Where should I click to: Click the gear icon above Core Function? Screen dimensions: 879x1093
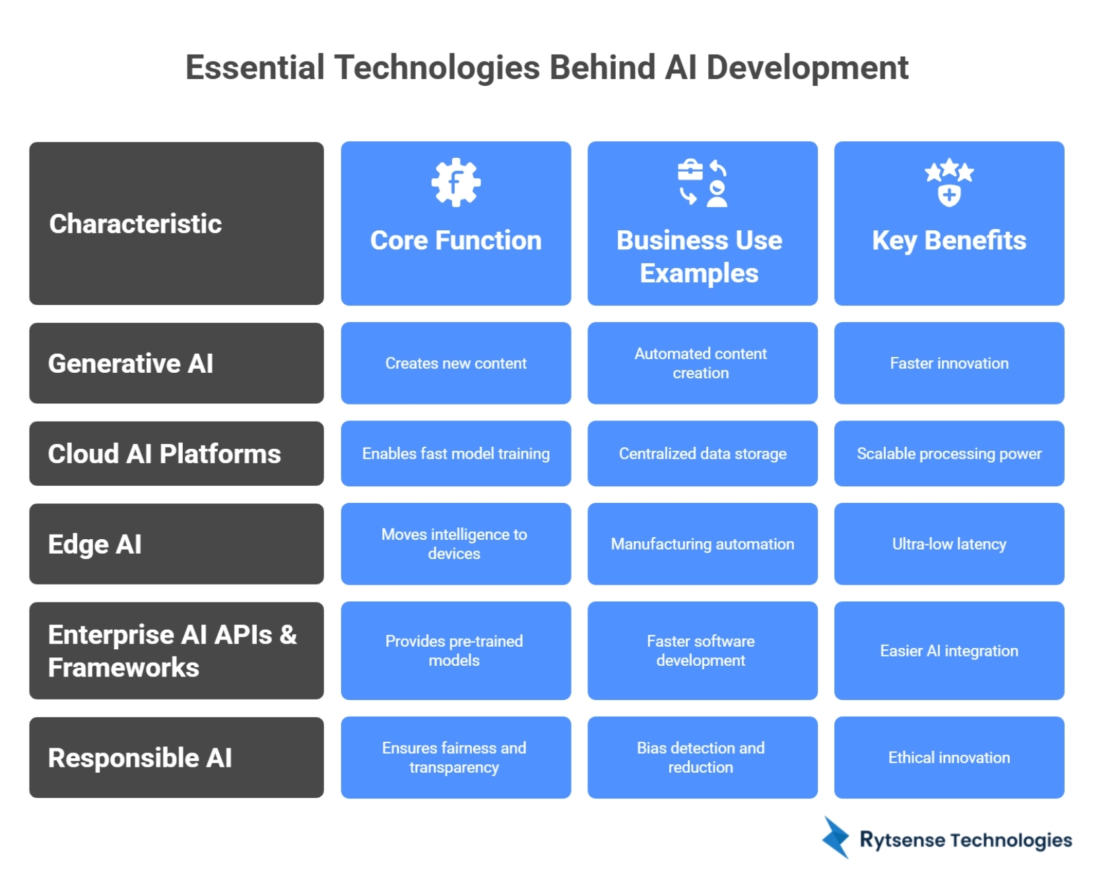(455, 183)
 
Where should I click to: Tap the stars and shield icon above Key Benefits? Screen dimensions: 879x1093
(948, 182)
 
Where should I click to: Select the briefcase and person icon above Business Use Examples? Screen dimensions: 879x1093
(702, 183)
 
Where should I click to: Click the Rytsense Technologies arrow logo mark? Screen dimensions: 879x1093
(836, 837)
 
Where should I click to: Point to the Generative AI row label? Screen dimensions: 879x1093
(131, 364)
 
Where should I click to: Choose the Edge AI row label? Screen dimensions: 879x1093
(95, 544)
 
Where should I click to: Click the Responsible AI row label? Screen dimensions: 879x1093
(140, 758)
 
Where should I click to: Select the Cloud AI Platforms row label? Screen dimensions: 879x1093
(164, 454)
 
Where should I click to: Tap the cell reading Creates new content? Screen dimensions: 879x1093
(455, 364)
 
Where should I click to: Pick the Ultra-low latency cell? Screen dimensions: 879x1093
(948, 544)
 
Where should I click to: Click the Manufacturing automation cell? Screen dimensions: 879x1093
(702, 544)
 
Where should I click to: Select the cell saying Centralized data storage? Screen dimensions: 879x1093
(702, 454)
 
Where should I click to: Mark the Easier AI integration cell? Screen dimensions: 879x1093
(948, 651)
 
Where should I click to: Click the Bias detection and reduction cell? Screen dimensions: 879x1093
(702, 758)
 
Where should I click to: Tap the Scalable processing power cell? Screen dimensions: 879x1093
(948, 454)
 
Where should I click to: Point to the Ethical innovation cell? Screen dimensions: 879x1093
(948, 758)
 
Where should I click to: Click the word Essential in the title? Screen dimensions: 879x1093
(255, 68)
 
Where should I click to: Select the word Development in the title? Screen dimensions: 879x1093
(807, 68)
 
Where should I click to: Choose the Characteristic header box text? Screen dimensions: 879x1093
(135, 224)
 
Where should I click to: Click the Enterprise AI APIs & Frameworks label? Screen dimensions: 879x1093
(172, 651)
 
